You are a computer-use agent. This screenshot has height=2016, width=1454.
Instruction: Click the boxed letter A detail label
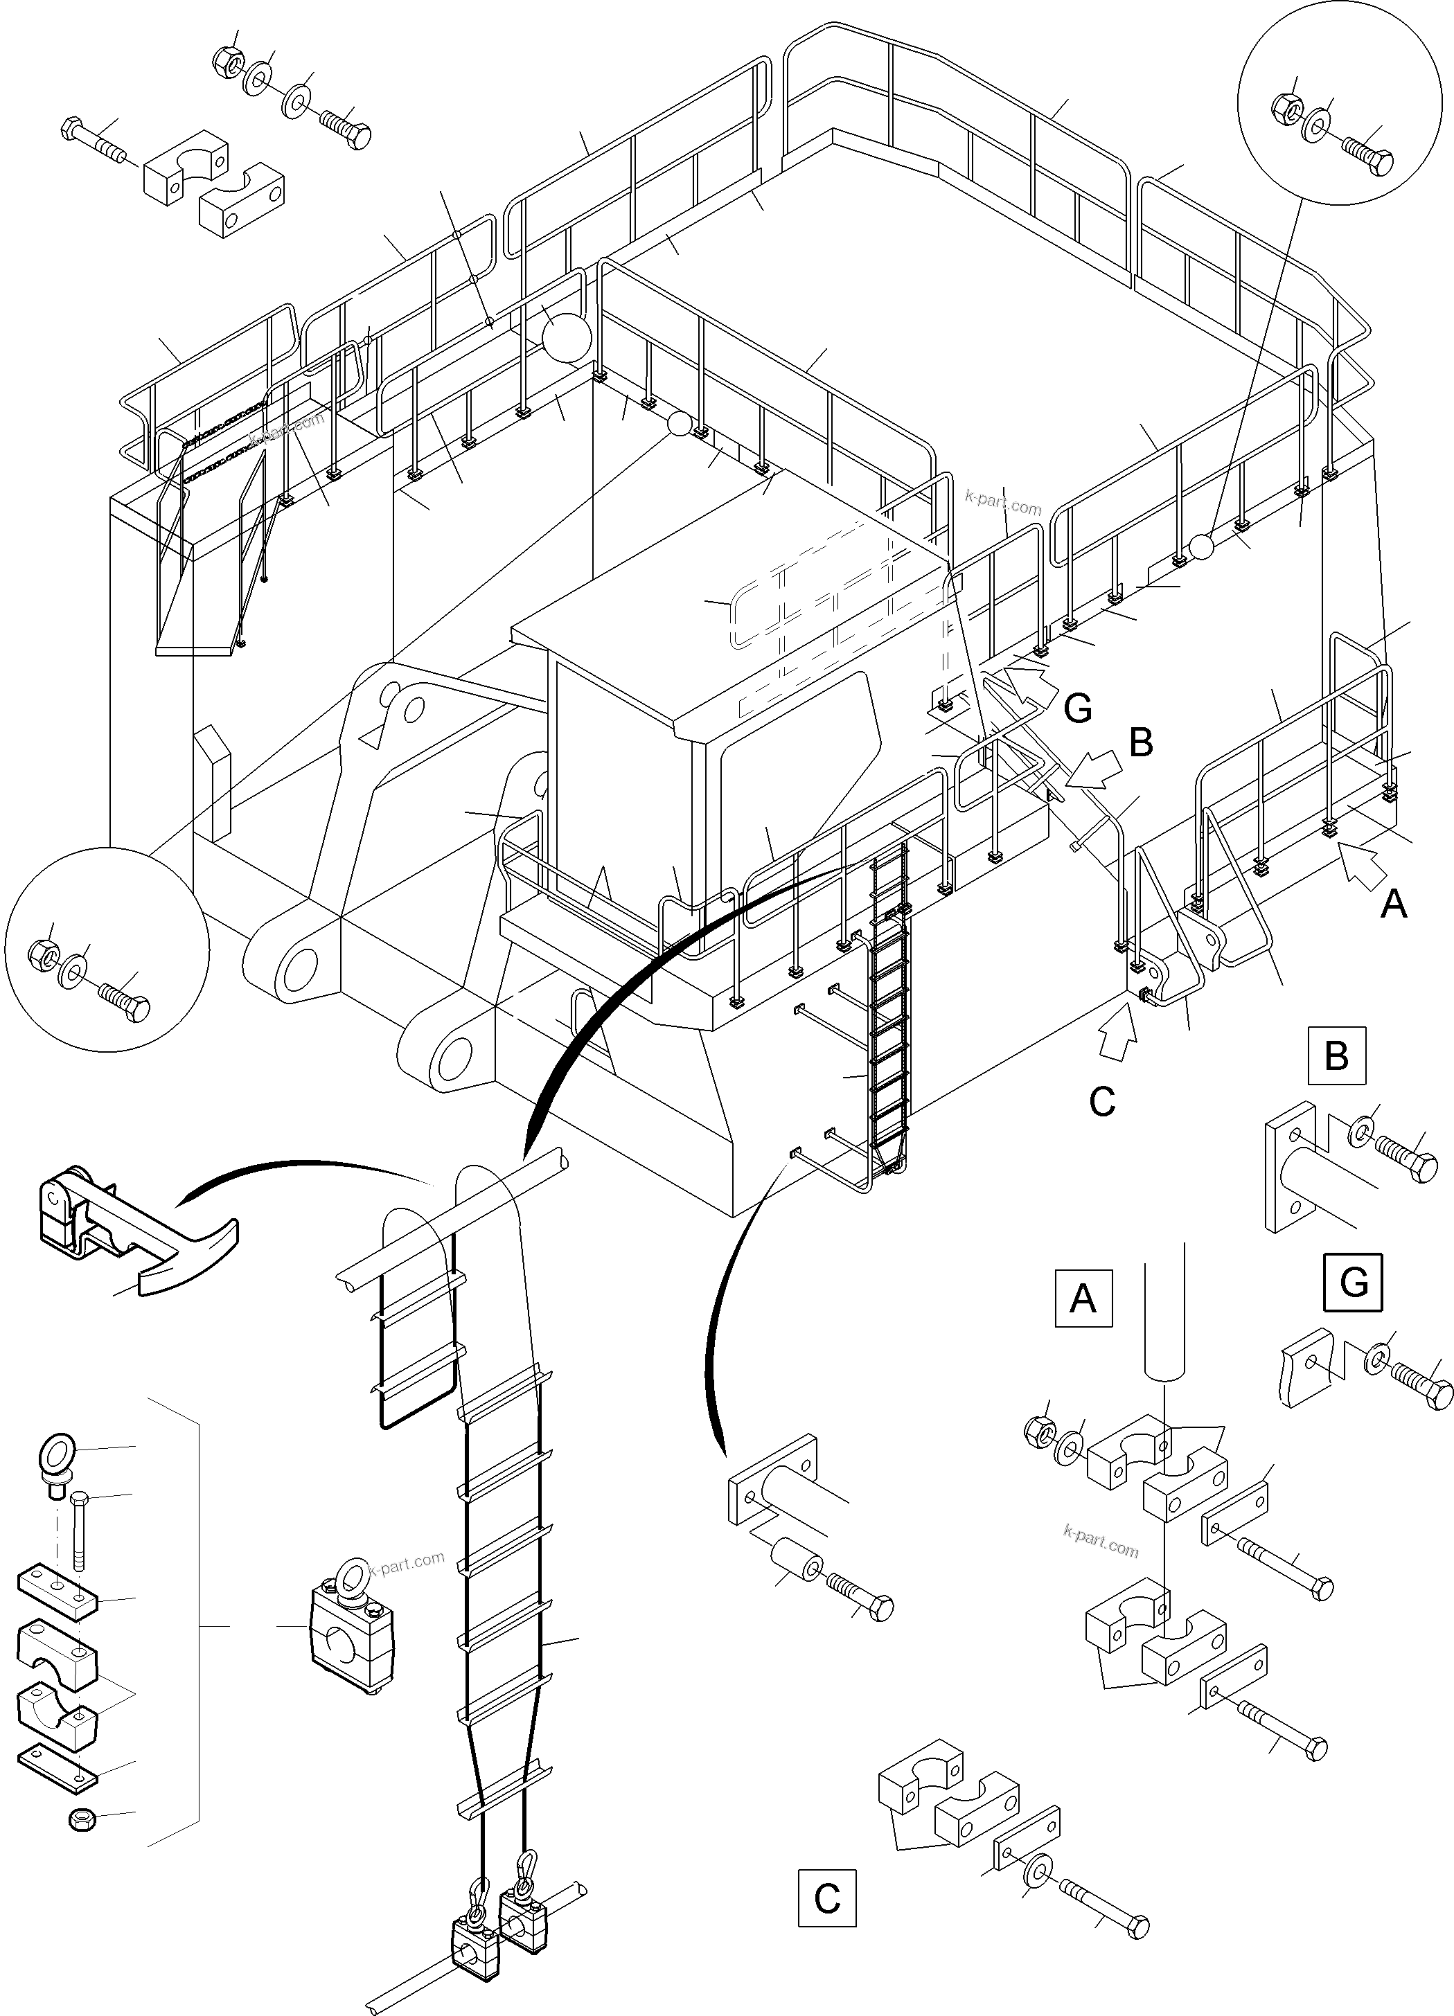point(1082,1299)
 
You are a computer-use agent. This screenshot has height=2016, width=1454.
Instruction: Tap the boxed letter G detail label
point(1353,1283)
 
